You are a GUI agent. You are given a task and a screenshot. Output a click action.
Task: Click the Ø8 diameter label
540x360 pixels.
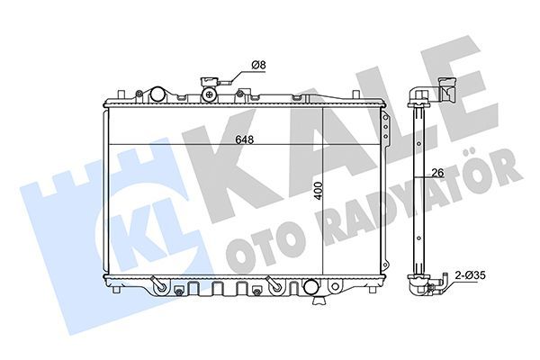(256, 64)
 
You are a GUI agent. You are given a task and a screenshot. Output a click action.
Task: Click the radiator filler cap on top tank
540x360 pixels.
(209, 91)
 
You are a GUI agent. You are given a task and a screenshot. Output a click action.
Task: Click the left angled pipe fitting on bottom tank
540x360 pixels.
(158, 284)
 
